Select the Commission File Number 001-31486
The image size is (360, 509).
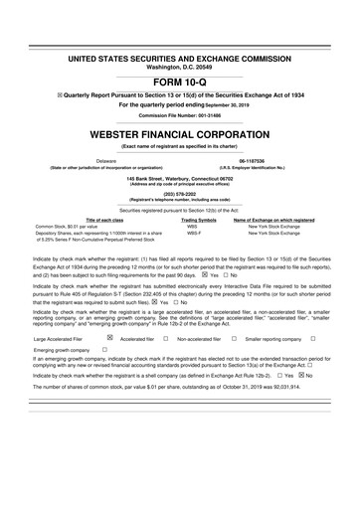click(x=180, y=115)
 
